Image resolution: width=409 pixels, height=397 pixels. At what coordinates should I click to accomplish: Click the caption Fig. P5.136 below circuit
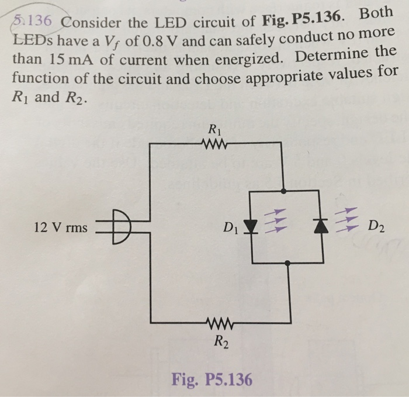point(212,379)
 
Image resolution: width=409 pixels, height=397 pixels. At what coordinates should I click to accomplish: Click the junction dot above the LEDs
point(284,190)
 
